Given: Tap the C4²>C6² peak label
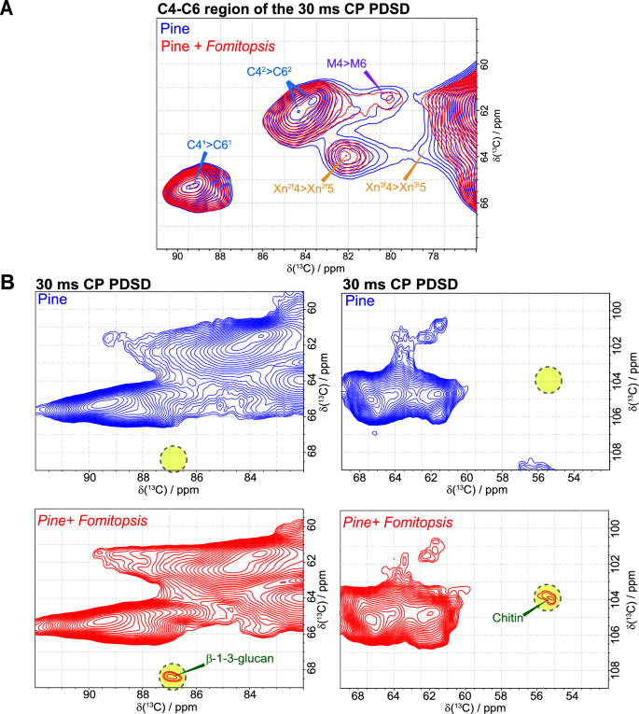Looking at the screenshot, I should [271, 72].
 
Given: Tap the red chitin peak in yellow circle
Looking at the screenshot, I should [548, 598].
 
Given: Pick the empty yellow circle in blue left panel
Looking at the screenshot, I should [173, 457].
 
